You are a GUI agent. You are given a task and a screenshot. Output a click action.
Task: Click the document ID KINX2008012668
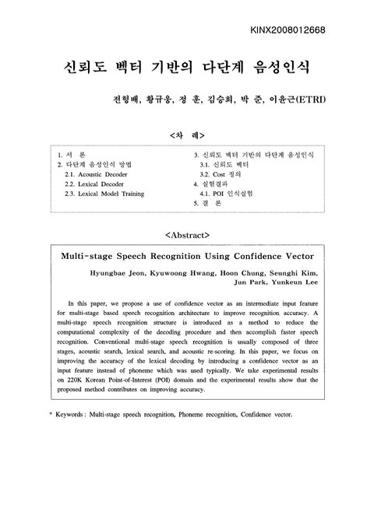point(309,31)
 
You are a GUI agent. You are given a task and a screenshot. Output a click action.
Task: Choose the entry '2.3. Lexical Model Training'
point(105,194)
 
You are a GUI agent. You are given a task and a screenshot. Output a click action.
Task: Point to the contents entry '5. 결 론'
point(208,203)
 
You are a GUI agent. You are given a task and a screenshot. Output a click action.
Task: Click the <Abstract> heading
point(188,233)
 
